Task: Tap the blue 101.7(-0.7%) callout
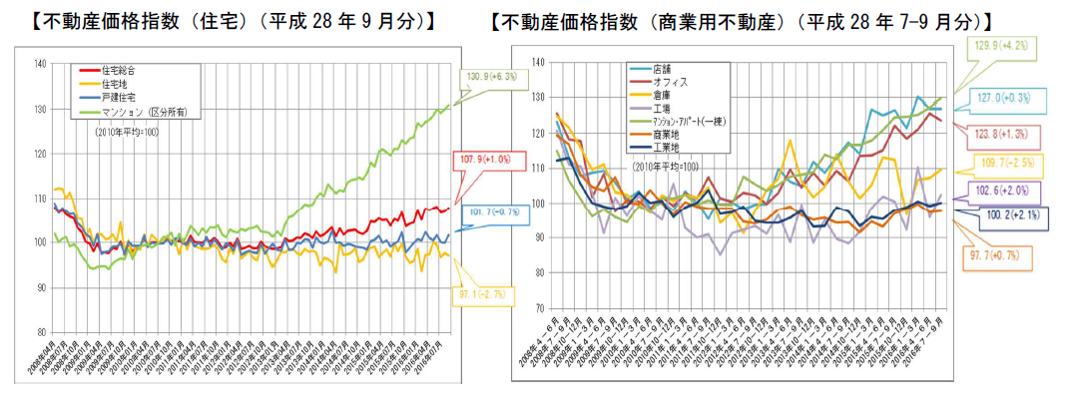pyautogui.click(x=485, y=211)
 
